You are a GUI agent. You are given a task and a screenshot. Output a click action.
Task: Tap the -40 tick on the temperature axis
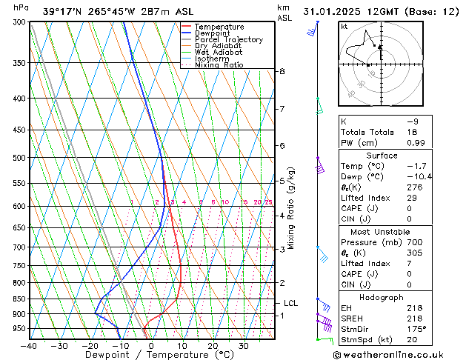[x=29, y=345]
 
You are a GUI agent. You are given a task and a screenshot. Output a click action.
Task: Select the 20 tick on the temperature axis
[x=212, y=345]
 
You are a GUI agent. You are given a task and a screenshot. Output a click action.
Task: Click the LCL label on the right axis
[x=290, y=303]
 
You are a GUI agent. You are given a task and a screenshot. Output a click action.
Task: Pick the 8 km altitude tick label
[x=282, y=71]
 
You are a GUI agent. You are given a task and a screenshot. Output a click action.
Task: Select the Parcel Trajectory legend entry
[x=228, y=40]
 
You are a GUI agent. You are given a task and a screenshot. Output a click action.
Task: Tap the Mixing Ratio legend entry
[x=219, y=66]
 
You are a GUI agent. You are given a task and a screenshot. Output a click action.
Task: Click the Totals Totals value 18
[x=413, y=132]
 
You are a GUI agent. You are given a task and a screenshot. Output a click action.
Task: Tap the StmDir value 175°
[x=417, y=328]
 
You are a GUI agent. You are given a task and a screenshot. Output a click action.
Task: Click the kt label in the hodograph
[x=344, y=26]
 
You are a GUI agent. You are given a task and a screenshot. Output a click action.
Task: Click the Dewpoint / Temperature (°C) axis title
[x=150, y=355]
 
